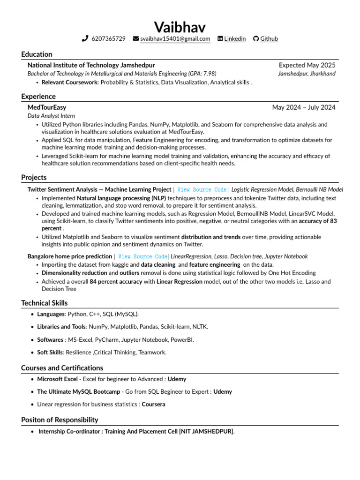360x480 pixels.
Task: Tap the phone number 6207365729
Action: click(x=108, y=39)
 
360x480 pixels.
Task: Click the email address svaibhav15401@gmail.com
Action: click(x=175, y=39)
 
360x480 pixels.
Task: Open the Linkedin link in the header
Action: click(x=235, y=39)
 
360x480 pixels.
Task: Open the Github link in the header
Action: click(x=269, y=39)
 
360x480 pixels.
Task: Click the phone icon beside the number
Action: click(x=85, y=39)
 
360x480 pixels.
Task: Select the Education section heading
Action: click(x=37, y=54)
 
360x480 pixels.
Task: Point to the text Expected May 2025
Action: click(x=307, y=65)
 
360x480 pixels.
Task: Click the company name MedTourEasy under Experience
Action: click(x=47, y=107)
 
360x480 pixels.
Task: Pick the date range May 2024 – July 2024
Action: click(x=304, y=107)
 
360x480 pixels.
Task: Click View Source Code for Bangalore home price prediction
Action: click(x=142, y=256)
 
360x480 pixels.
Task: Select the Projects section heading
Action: click(x=34, y=178)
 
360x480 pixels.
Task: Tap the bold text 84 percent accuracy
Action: click(x=116, y=282)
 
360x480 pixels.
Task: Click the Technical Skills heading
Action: click(x=44, y=303)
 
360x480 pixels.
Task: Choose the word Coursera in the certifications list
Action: click(x=153, y=404)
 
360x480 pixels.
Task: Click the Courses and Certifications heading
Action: click(x=62, y=368)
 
